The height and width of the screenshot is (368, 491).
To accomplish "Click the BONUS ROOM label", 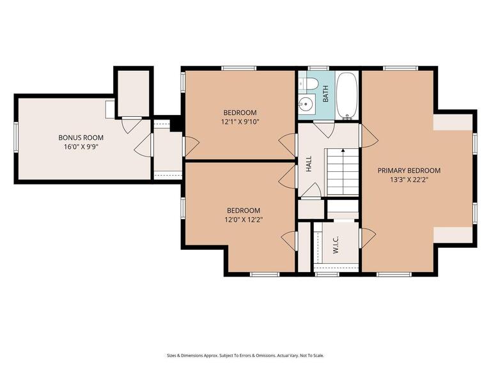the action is pyautogui.click(x=81, y=137).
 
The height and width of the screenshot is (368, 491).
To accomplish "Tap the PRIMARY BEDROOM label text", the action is pyautogui.click(x=409, y=171).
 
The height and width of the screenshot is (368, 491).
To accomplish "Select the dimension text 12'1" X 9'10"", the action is pyautogui.click(x=240, y=122).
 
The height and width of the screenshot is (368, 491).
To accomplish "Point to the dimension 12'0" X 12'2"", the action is pyautogui.click(x=244, y=220).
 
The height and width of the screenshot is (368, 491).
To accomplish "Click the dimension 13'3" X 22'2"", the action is pyautogui.click(x=409, y=180).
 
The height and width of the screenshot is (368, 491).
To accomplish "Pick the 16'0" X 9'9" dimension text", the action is pyautogui.click(x=81, y=147).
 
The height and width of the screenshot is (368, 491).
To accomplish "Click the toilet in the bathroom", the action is pyautogui.click(x=311, y=83).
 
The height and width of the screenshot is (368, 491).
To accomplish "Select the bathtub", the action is pyautogui.click(x=347, y=95).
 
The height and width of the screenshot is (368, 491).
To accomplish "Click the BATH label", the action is pyautogui.click(x=325, y=94).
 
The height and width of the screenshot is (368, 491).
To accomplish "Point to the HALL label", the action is pyautogui.click(x=309, y=164).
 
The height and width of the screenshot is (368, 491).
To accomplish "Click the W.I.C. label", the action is pyautogui.click(x=336, y=245).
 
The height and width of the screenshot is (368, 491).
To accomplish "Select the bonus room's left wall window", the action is pyautogui.click(x=16, y=136).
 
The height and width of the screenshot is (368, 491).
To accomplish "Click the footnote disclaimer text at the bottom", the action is pyautogui.click(x=245, y=355).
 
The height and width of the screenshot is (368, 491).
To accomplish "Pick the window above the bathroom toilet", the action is pyautogui.click(x=318, y=68).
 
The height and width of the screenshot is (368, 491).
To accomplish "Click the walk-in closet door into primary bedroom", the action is pyautogui.click(x=368, y=238).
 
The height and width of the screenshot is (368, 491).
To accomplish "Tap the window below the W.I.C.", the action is pyautogui.click(x=327, y=275).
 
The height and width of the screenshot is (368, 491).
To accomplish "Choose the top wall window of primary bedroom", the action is pyautogui.click(x=400, y=68).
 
